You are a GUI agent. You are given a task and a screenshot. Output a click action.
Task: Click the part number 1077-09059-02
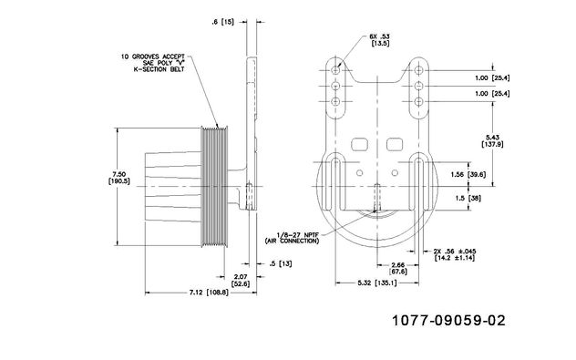[x=448, y=320]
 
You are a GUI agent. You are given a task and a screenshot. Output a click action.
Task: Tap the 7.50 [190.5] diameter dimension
[x=119, y=178]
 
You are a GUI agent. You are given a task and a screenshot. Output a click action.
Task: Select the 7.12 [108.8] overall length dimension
[x=209, y=293]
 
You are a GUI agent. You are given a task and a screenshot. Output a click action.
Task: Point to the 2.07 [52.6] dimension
[x=241, y=280]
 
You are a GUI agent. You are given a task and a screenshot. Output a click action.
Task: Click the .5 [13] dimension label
[x=281, y=263]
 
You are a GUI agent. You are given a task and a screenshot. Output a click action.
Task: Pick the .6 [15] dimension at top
[x=222, y=22]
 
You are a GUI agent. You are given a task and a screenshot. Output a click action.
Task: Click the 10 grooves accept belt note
[x=153, y=63]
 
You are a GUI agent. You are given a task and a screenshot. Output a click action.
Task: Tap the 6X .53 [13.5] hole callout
[x=379, y=40]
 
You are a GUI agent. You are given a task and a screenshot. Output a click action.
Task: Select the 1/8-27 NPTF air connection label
[x=293, y=238]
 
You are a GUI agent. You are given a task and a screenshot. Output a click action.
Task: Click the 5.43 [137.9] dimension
[x=492, y=141]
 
